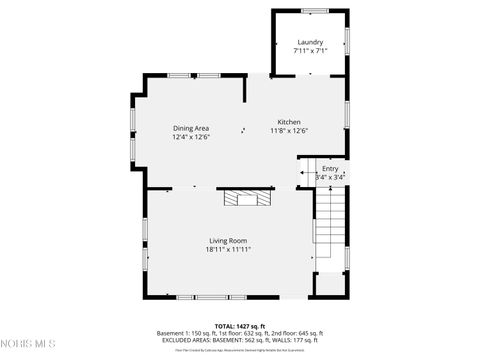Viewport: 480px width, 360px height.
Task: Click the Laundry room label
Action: coord(310,42)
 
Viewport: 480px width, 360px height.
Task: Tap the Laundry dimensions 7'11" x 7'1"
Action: coord(310,51)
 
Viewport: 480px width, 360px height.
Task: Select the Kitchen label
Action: coord(290,122)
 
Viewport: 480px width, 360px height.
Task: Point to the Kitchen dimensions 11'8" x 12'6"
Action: coord(290,131)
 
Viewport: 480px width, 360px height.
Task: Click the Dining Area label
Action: coord(191,128)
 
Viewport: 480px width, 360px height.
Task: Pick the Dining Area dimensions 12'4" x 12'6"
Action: coord(191,137)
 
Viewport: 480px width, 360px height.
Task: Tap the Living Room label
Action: coord(228,241)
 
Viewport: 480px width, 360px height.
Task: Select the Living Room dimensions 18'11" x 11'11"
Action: coord(228,250)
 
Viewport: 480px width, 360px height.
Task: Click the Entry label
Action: coord(330,169)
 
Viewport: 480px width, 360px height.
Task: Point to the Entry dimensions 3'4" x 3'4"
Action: coord(330,177)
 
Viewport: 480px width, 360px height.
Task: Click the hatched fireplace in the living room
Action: coord(247,198)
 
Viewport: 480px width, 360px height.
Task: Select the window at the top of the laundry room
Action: coord(314,11)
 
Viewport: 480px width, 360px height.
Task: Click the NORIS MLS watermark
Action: coord(28,345)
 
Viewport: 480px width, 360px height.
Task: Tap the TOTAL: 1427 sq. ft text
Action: coord(240,325)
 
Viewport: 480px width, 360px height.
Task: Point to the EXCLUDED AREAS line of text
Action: coord(240,340)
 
